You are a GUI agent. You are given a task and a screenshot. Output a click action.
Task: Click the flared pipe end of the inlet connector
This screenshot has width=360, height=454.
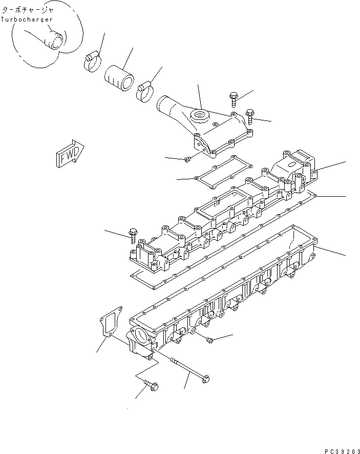(x=165, y=108)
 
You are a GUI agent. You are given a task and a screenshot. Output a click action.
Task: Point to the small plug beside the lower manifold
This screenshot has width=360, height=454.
(x=209, y=340)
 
